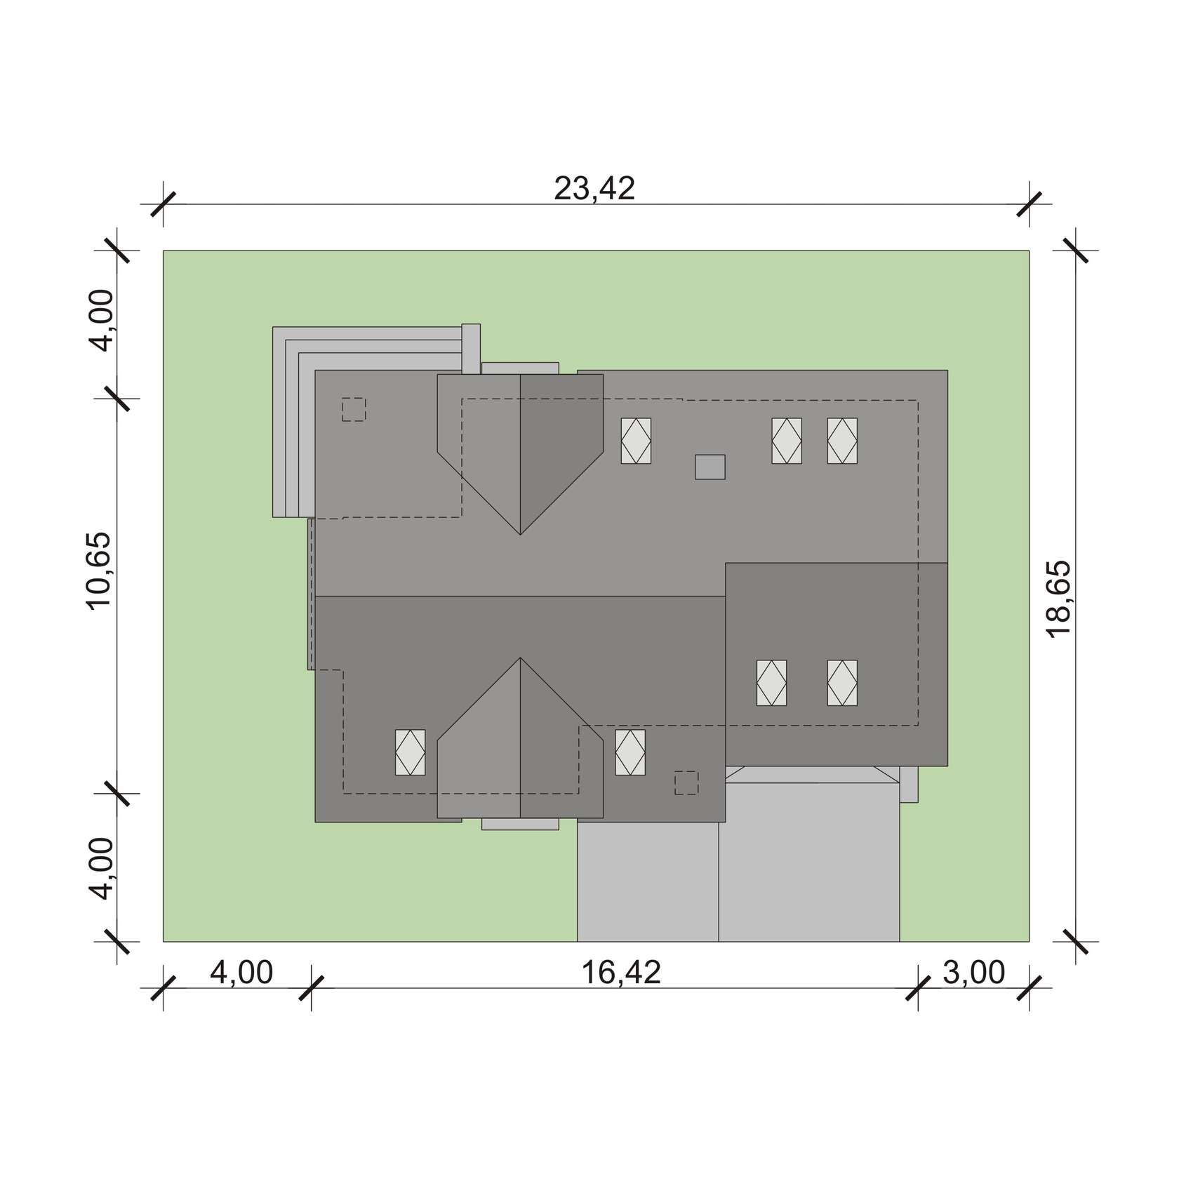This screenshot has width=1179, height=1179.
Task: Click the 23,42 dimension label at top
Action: pyautogui.click(x=594, y=188)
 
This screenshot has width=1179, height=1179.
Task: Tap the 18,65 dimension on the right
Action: pyautogui.click(x=1058, y=599)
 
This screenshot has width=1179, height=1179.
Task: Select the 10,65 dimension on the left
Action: pyautogui.click(x=99, y=571)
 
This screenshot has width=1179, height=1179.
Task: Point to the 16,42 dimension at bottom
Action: pyautogui.click(x=621, y=973)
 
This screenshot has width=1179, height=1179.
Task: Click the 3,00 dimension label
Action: pyautogui.click(x=973, y=973)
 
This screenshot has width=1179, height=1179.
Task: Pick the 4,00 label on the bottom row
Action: pyautogui.click(x=241, y=973)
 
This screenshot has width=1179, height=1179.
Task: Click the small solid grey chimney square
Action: pyautogui.click(x=710, y=467)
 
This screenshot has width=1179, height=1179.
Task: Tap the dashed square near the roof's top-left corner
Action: pyautogui.click(x=354, y=409)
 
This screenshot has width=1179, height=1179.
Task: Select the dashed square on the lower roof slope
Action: pyautogui.click(x=686, y=782)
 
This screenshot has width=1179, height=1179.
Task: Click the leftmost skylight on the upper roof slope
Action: pyautogui.click(x=636, y=441)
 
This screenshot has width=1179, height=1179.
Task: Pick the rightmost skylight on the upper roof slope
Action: pyautogui.click(x=842, y=441)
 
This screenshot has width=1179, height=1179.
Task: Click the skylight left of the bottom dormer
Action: pyautogui.click(x=411, y=752)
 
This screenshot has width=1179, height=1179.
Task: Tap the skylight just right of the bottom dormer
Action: pyautogui.click(x=630, y=752)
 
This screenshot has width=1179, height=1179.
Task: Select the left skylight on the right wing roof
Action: pyautogui.click(x=771, y=683)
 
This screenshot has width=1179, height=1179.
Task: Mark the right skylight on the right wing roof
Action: pyautogui.click(x=842, y=683)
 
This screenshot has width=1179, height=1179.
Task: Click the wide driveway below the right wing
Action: pyautogui.click(x=809, y=863)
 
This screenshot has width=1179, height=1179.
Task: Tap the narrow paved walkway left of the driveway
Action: pyautogui.click(x=648, y=881)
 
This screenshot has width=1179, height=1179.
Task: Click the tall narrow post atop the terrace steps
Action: pyautogui.click(x=471, y=349)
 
